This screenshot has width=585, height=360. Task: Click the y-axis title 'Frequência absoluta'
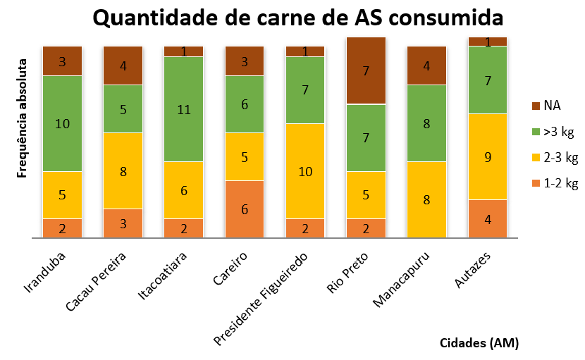[22, 113]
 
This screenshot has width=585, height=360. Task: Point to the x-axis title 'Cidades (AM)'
[479, 343]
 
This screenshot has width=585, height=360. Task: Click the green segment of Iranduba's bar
[63, 123]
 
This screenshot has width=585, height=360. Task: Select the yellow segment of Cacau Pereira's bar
[123, 170]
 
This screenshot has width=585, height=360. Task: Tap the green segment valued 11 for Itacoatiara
[184, 109]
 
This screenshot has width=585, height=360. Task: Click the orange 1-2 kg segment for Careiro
[245, 209]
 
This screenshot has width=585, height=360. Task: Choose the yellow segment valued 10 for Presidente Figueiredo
[305, 170]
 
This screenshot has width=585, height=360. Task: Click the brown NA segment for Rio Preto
[366, 70]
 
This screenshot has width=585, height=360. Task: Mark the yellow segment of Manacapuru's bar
[426, 199]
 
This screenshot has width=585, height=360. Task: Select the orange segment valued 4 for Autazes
[487, 218]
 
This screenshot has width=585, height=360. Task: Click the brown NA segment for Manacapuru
[426, 66]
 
